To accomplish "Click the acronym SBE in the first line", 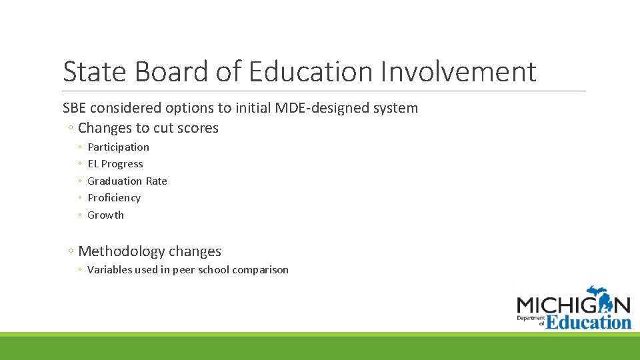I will (75, 108).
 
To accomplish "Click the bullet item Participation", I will (118, 147).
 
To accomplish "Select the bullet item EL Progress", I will (115, 164).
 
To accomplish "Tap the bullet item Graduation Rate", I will (127, 181).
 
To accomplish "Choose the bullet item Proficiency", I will (114, 198).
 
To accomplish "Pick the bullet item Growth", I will (105, 215).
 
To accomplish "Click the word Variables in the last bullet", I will (110, 270).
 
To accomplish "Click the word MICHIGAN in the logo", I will (573, 305).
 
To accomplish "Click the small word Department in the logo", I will (530, 319).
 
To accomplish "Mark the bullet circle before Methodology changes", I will (70, 252).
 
